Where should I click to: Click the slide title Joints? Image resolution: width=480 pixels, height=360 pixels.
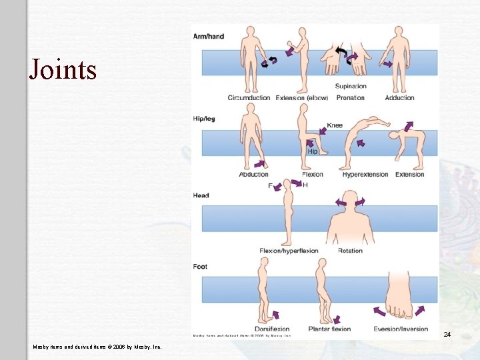[x=63, y=69]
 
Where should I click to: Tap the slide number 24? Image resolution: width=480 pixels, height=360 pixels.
[x=447, y=334]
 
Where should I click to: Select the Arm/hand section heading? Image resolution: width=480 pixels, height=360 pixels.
[x=209, y=36]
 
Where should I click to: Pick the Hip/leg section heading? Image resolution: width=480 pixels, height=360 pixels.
[x=204, y=119]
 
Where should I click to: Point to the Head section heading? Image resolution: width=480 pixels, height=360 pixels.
[x=201, y=195]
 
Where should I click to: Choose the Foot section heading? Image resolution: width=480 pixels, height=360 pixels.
[x=200, y=267]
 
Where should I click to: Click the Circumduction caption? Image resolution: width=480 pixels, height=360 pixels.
[x=249, y=98]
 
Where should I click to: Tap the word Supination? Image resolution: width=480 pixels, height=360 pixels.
[x=350, y=86]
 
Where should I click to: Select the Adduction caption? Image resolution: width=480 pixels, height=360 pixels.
[x=399, y=98]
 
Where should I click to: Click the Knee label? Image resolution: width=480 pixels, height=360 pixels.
[x=335, y=125]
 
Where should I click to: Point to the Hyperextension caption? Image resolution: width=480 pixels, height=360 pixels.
[x=365, y=175]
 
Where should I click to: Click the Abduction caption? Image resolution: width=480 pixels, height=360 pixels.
[x=253, y=175]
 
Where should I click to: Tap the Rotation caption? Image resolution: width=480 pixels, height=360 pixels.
[x=350, y=251]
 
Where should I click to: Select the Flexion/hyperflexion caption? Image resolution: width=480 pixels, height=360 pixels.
[x=289, y=251]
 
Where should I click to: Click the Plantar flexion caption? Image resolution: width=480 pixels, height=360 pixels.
[x=329, y=329]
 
